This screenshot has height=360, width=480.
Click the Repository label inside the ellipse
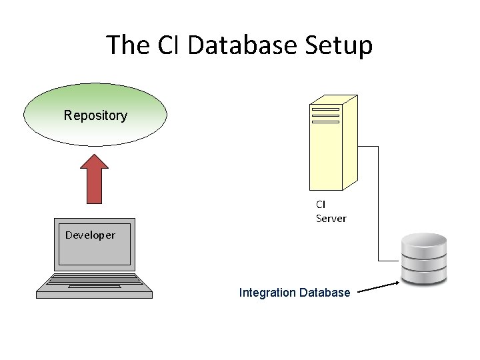coord(95,115)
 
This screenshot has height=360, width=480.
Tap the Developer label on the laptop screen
coord(90,235)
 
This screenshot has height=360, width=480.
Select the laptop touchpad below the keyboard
coord(93,287)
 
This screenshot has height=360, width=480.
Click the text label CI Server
coord(331,211)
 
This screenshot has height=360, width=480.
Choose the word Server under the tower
coord(331,219)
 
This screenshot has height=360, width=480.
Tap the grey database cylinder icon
coord(423,260)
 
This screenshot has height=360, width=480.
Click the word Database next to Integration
coord(325,292)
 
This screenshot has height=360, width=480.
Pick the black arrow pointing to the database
coord(378,287)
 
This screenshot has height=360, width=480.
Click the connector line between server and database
coord(378,200)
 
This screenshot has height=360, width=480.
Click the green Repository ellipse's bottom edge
coord(95,145)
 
